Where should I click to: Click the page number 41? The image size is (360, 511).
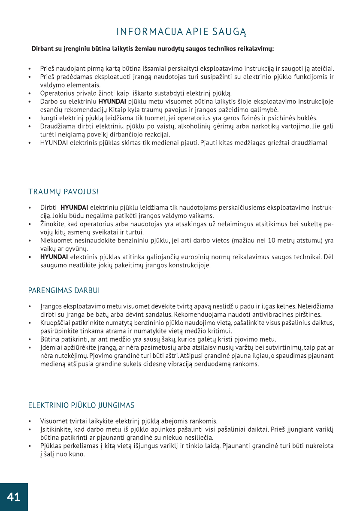[13, 497]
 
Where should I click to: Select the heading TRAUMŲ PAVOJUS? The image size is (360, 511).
[64, 191]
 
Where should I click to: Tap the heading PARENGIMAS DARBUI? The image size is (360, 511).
[64, 290]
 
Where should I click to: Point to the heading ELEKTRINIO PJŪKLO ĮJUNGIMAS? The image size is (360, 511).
[81, 405]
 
